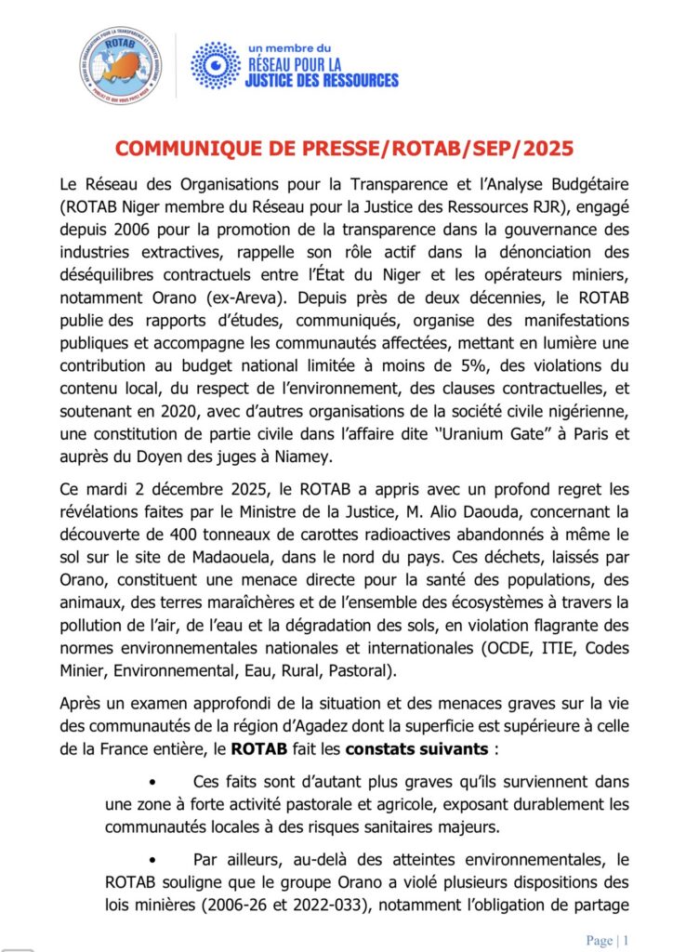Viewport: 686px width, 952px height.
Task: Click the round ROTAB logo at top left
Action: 120,65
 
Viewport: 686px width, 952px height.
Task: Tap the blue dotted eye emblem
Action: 216,65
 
